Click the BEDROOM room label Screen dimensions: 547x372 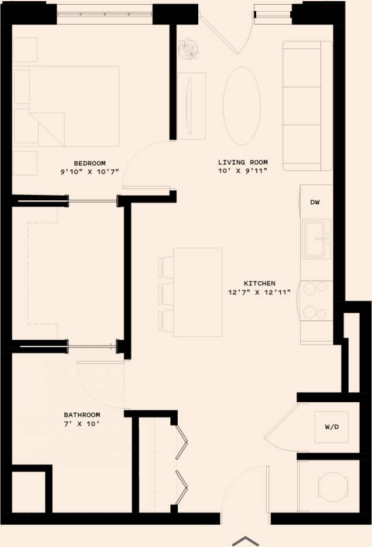pos(89,163)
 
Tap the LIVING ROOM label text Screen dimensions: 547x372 pos(243,162)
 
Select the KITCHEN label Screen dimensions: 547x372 pos(260,283)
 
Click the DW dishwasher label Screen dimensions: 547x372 pos(315,203)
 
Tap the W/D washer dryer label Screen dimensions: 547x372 pos(332,427)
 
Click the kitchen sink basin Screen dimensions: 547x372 pos(316,238)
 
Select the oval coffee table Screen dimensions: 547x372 pos(242,105)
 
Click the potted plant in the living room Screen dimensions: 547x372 pos(188,48)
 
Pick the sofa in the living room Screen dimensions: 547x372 pos(306,105)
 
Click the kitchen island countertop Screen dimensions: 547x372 pos(198,292)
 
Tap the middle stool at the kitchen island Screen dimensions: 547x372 pos(167,294)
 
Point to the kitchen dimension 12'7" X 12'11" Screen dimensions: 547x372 pos(260,292)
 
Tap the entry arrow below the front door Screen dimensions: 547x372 pos(246,541)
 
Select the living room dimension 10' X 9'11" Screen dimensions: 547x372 pos(243,171)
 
